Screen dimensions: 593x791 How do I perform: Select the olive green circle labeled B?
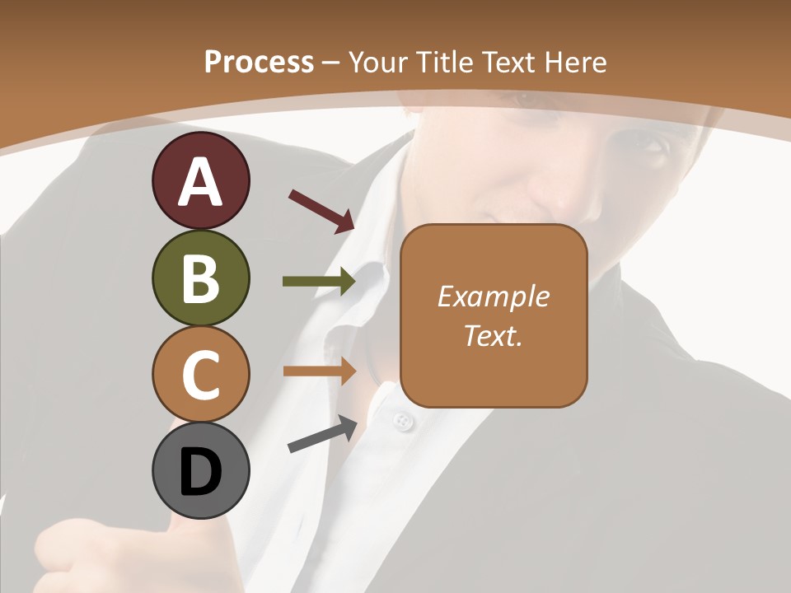pyautogui.click(x=200, y=278)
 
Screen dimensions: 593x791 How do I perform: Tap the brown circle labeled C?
pyautogui.click(x=200, y=374)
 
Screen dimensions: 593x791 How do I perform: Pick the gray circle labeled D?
pyautogui.click(x=200, y=471)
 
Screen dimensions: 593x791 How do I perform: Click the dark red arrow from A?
pyautogui.click(x=321, y=211)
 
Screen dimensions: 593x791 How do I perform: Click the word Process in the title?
pyautogui.click(x=259, y=63)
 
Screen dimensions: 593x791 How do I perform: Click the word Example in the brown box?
pyautogui.click(x=493, y=296)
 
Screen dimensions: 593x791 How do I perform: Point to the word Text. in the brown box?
pyautogui.click(x=493, y=335)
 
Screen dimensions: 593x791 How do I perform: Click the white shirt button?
pyautogui.click(x=402, y=423)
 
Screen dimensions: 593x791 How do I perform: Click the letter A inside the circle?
pyautogui.click(x=200, y=181)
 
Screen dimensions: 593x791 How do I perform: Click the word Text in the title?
pyautogui.click(x=510, y=63)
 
